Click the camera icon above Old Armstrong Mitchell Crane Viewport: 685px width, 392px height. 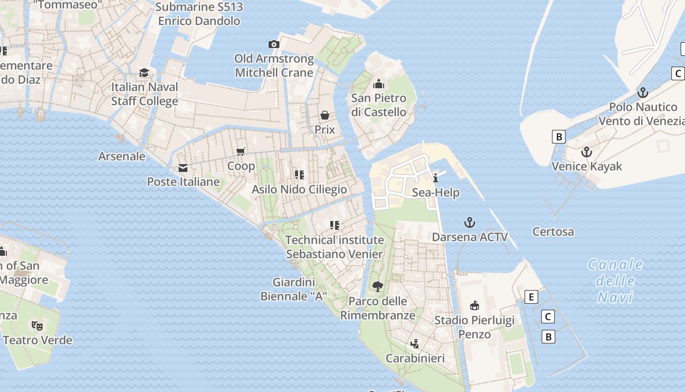274,45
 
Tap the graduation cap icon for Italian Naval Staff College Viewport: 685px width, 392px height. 144,73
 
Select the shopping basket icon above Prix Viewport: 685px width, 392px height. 325,115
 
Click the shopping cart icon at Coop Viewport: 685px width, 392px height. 240,152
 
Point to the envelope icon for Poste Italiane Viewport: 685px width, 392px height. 183,168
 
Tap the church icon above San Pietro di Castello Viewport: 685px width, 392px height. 378,84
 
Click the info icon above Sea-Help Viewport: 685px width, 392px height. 435,178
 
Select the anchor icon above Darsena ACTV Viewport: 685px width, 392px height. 470,223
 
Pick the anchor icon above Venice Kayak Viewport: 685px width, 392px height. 586,152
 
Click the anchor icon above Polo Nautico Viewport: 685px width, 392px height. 642,93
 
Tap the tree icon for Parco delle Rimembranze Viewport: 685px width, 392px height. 377,287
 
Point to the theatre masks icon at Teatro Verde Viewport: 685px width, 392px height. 37,325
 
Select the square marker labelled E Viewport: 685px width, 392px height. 531,297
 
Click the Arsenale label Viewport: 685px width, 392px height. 122,156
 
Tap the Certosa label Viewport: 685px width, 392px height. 553,232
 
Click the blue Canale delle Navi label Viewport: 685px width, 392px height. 616,281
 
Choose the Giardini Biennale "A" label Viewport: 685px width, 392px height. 294,289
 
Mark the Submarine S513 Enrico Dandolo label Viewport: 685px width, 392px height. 199,14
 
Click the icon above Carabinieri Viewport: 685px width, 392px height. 415,343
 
